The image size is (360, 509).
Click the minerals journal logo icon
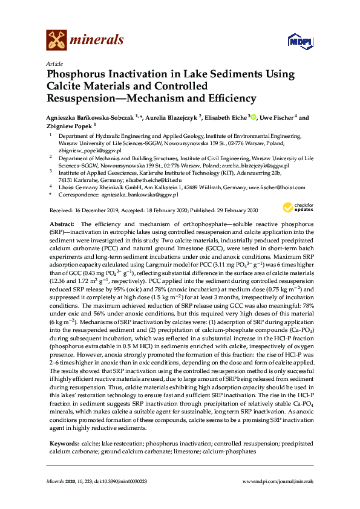pyautogui.click(x=56, y=41)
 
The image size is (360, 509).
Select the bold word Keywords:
pyautogui.click(x=64, y=444)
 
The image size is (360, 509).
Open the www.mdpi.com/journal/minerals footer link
pyautogui.click(x=277, y=481)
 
